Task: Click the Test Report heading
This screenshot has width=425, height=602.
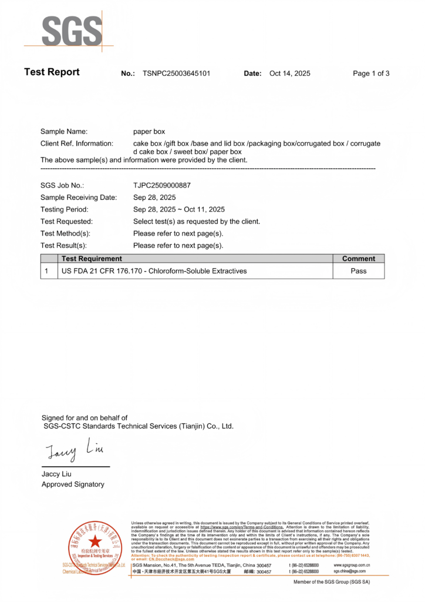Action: (x=52, y=72)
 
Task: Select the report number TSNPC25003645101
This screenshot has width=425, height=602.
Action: (x=176, y=73)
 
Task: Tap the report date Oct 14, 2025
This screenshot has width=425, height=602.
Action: (x=289, y=73)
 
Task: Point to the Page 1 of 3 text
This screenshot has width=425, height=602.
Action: (x=371, y=73)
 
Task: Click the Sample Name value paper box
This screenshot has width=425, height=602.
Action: (x=149, y=132)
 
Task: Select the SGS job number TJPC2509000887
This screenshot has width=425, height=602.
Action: (x=162, y=185)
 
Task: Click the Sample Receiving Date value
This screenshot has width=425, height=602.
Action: (x=154, y=198)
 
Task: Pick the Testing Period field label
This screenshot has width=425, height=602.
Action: (x=65, y=209)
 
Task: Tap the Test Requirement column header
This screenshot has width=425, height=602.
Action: (x=92, y=259)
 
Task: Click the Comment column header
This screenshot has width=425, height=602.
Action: (x=358, y=259)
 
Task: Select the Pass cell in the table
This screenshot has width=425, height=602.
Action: (x=358, y=271)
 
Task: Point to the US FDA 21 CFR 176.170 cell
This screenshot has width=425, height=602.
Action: (x=154, y=271)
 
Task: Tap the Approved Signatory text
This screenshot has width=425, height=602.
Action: (x=73, y=484)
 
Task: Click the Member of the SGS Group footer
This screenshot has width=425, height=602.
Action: (x=332, y=582)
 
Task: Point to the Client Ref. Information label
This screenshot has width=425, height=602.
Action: (x=76, y=143)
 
